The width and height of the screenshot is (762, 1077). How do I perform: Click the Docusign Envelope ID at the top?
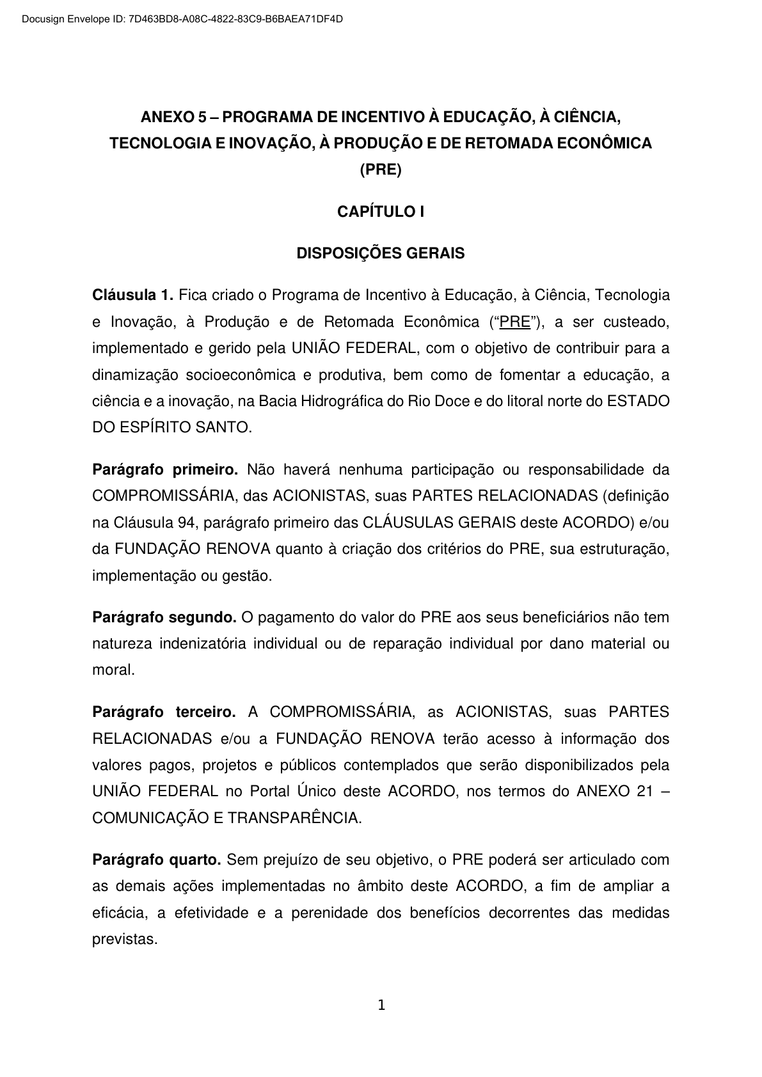click(182, 19)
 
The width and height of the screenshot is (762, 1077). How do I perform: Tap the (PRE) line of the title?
click(381, 170)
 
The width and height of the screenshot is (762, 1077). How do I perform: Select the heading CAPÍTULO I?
click(381, 212)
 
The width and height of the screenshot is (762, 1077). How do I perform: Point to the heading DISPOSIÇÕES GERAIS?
click(381, 253)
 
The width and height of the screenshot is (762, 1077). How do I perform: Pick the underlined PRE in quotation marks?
click(515, 322)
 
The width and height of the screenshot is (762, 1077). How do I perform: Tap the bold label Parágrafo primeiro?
click(165, 470)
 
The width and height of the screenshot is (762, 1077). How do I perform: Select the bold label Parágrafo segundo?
click(164, 618)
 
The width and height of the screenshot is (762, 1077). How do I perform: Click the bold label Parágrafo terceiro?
click(164, 712)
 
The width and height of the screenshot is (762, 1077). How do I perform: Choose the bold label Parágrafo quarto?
click(157, 860)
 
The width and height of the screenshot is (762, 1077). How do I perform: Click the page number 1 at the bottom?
click(381, 1006)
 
